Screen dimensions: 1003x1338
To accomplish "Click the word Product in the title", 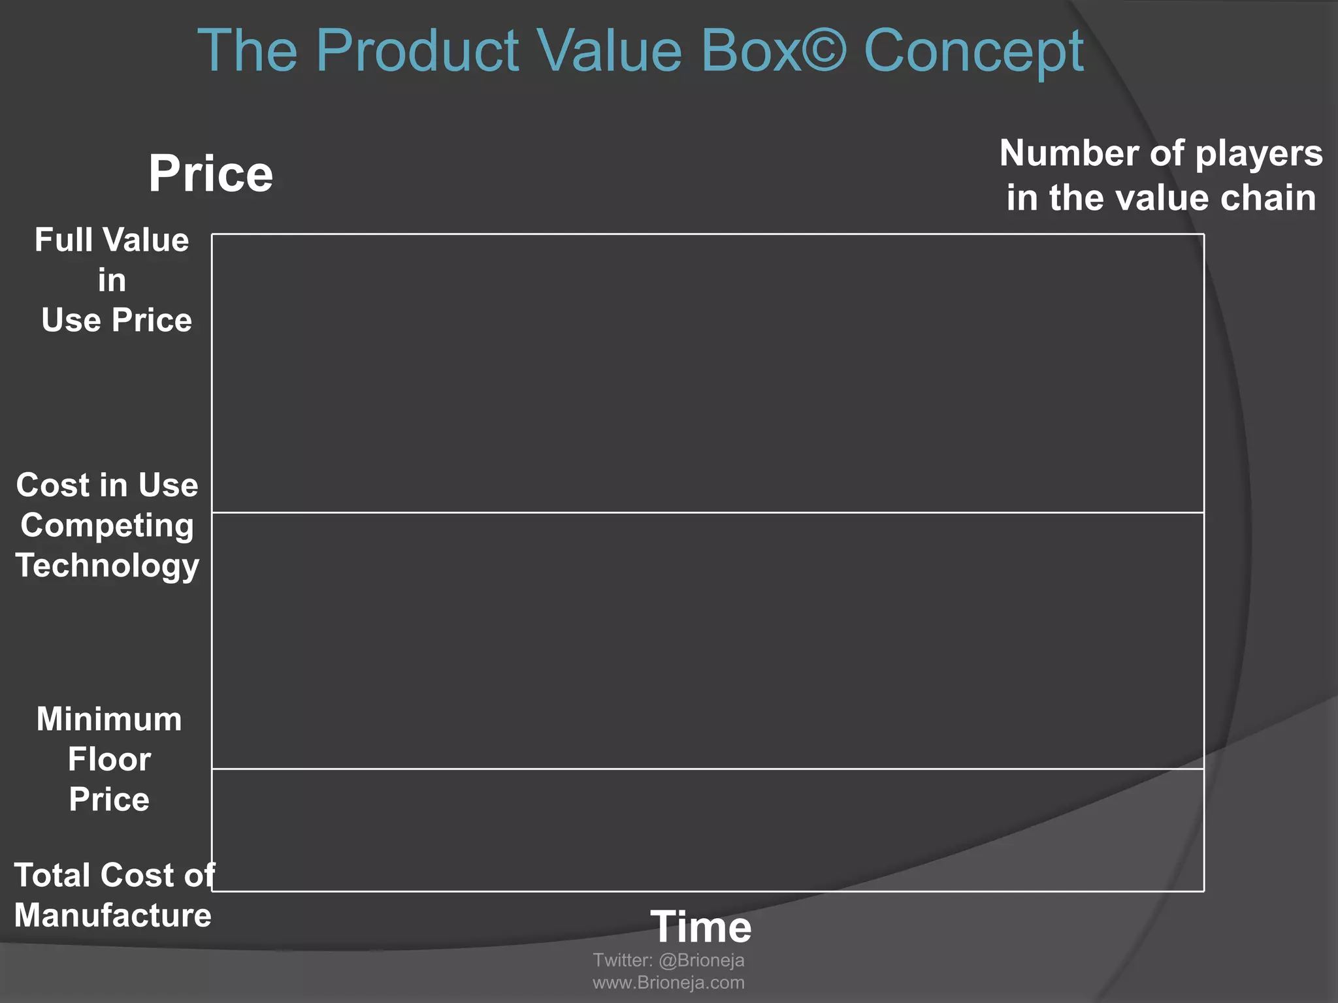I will click(417, 51).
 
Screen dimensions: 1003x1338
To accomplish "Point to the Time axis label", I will click(700, 927).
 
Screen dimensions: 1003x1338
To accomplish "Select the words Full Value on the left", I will click(112, 240).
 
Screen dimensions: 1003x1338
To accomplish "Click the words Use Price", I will click(116, 320).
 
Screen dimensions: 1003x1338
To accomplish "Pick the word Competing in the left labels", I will click(107, 526).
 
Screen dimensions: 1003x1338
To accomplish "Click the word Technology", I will click(107, 565).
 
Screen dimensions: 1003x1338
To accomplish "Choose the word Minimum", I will click(109, 720).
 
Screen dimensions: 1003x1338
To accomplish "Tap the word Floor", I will click(109, 759).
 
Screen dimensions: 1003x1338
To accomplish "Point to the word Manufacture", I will click(112, 915).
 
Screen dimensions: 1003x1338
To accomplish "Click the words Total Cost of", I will click(114, 875).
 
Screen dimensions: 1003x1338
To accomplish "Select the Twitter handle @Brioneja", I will click(702, 961).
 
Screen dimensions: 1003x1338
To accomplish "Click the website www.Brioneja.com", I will click(668, 983).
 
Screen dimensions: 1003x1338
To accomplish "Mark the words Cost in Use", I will click(107, 485).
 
